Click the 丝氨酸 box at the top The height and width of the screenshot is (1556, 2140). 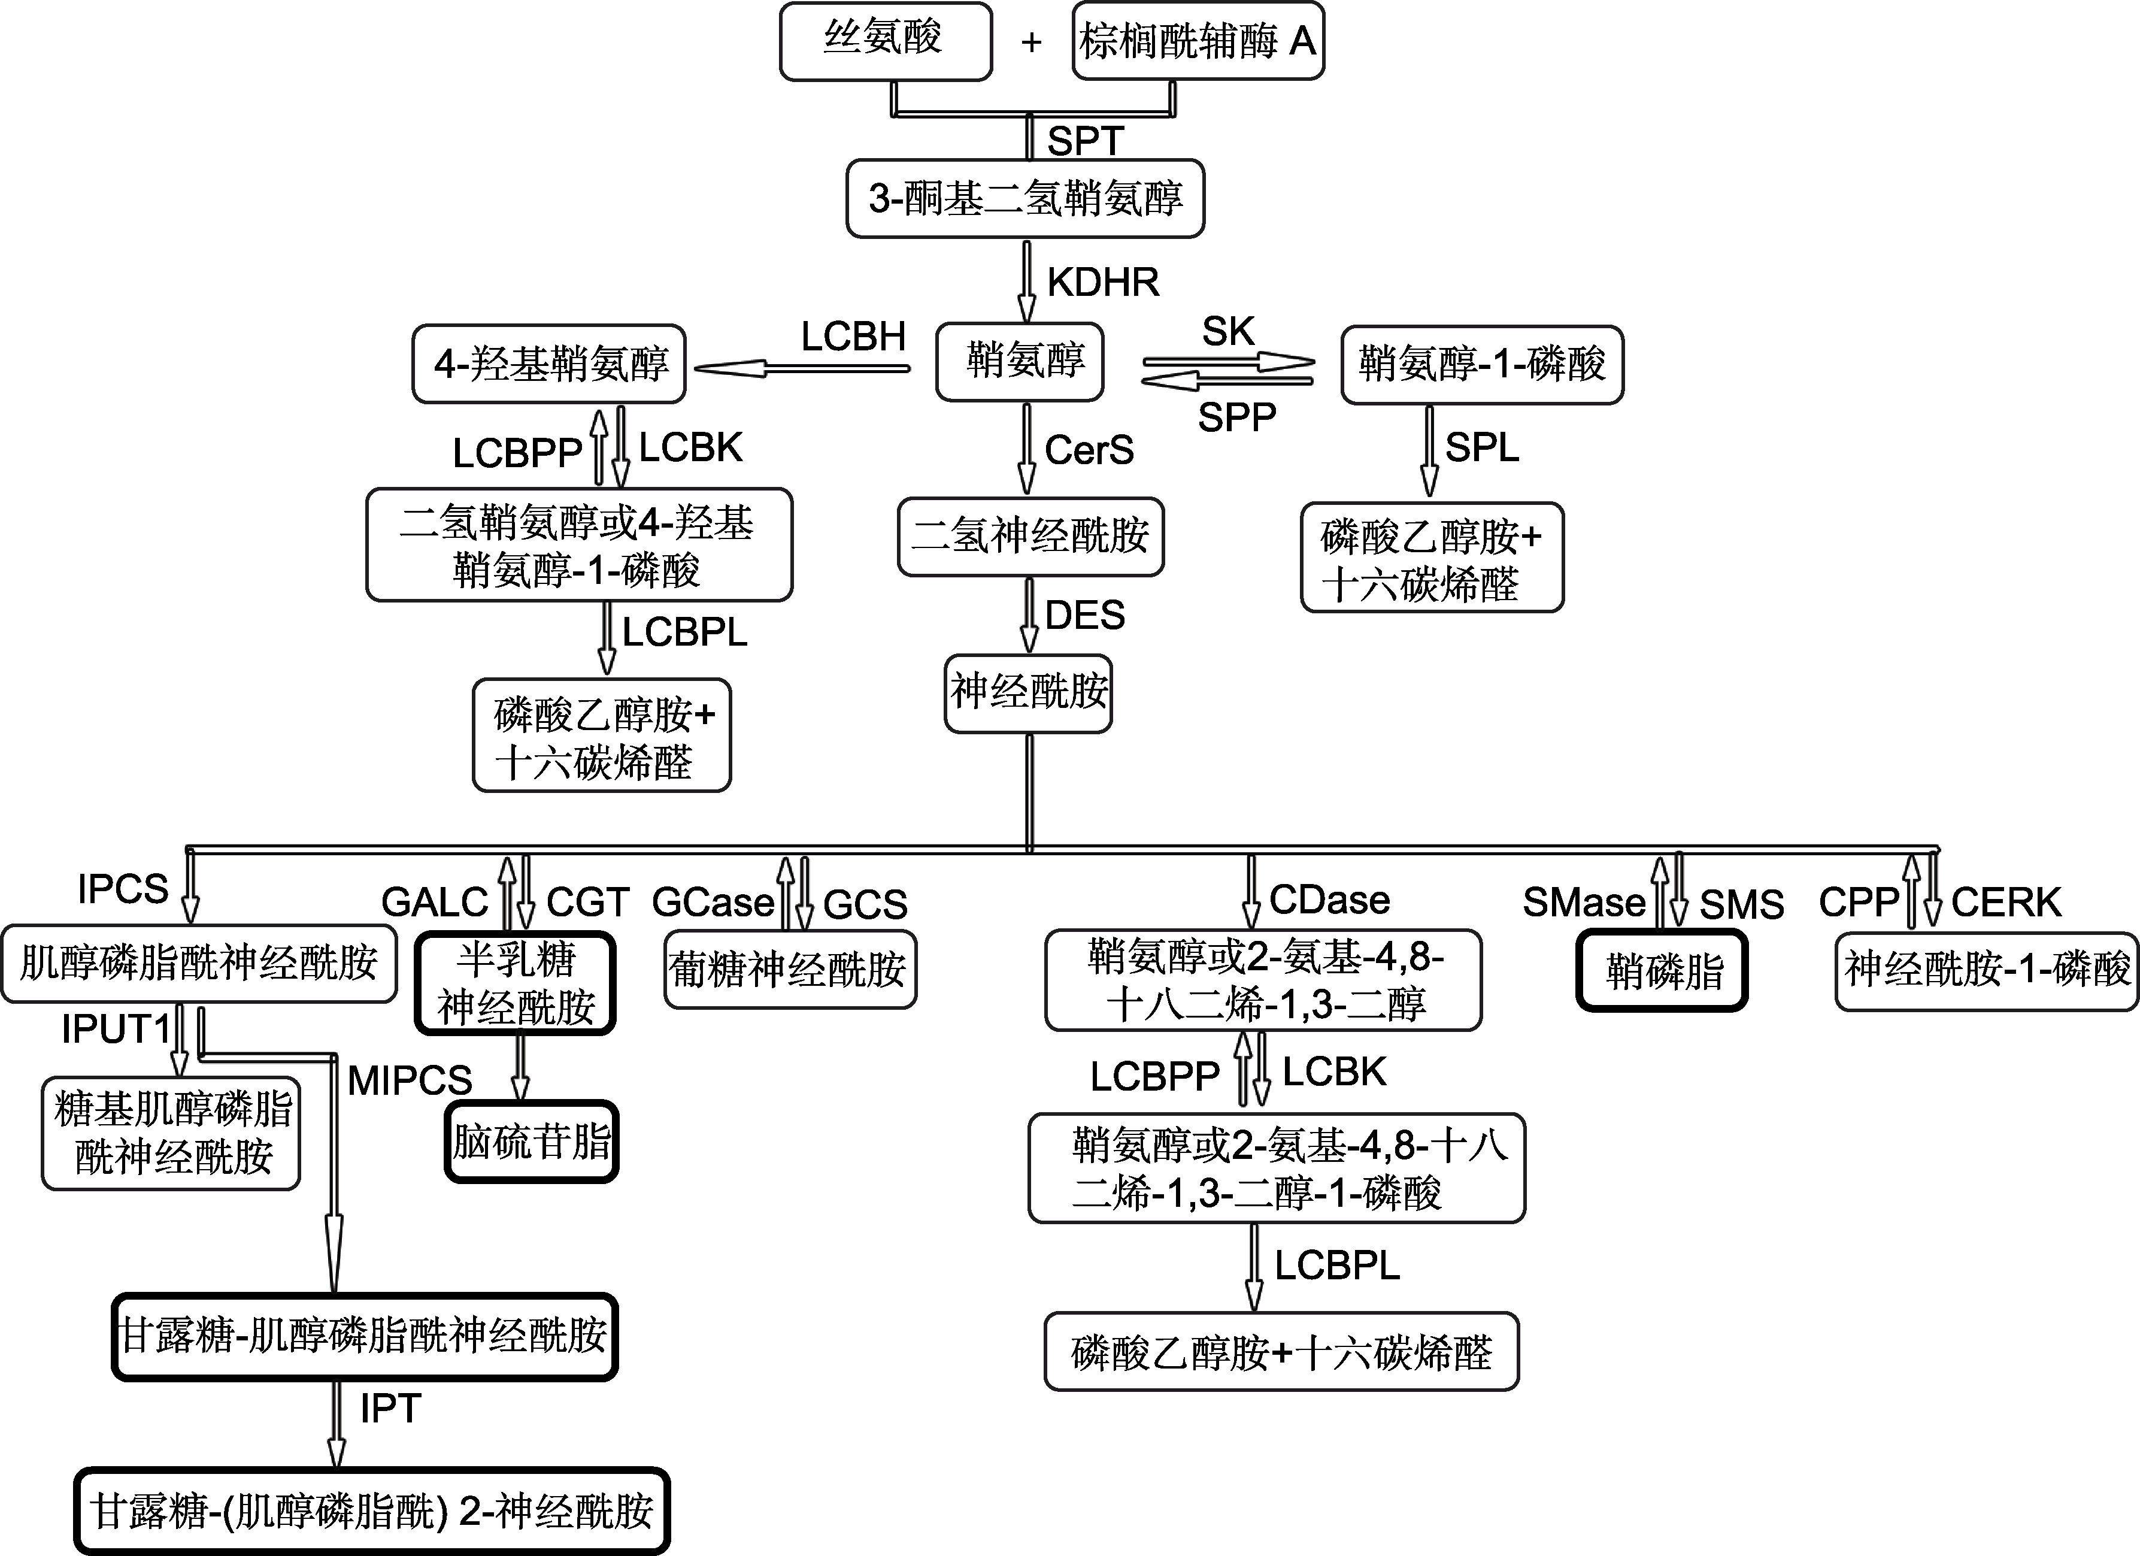coord(885,41)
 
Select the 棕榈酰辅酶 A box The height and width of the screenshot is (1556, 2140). coord(1198,41)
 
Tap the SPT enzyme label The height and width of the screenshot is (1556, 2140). coord(1085,141)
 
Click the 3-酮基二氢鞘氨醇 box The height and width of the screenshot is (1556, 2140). coord(1026,198)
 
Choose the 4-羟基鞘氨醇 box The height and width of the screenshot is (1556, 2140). coord(549,364)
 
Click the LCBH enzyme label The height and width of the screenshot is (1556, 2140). coord(853,337)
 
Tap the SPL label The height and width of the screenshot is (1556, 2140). coord(1483,447)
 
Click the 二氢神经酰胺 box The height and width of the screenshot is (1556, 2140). coord(1030,537)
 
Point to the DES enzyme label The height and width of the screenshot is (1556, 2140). coord(1085,615)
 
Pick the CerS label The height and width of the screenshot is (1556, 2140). coord(1090,450)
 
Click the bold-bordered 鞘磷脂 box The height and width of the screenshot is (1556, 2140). coord(1662,971)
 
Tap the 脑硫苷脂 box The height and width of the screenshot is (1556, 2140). coord(532,1142)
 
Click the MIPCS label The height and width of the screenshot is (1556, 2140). coord(410,1080)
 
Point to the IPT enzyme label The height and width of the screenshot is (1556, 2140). coord(390,1409)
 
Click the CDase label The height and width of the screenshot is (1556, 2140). coord(1329,900)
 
